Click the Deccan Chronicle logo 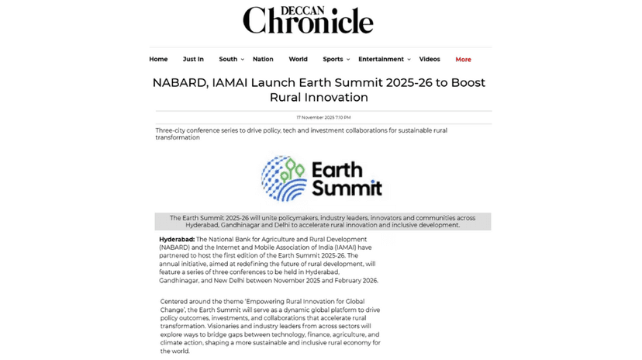[308, 19]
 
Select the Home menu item [158, 60]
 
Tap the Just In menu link [193, 60]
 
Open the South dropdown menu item [229, 60]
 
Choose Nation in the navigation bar [263, 60]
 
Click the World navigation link [298, 60]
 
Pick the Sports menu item [333, 60]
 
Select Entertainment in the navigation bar [381, 60]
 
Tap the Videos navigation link [430, 60]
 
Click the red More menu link [463, 60]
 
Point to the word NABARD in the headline [179, 83]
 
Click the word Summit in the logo [346, 188]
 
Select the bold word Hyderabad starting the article [177, 239]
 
